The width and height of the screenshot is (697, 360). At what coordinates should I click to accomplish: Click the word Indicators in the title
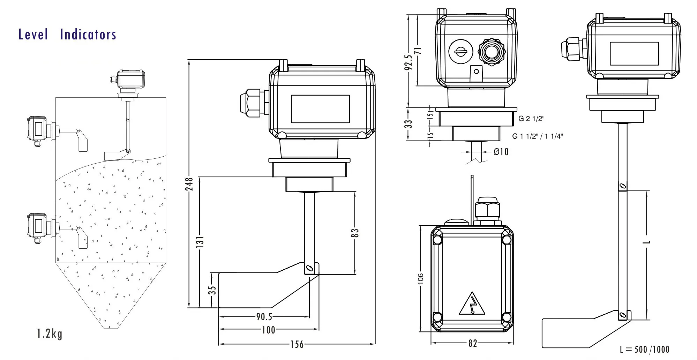[x=88, y=35]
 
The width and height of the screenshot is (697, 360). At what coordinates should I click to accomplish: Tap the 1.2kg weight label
[x=50, y=333]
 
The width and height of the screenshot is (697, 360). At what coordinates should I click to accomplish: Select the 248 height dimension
[x=189, y=184]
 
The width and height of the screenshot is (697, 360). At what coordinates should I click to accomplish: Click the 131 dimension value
[x=200, y=242]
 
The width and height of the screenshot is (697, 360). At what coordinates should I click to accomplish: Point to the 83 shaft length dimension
[x=354, y=233]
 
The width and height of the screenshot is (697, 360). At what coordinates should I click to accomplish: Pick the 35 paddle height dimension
[x=212, y=290]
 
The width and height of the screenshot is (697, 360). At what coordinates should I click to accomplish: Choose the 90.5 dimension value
[x=264, y=317]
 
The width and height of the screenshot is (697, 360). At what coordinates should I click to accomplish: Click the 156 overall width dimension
[x=297, y=344]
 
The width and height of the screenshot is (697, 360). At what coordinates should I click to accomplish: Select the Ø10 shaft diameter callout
[x=501, y=152]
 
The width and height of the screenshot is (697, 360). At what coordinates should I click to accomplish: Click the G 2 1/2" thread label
[x=531, y=119]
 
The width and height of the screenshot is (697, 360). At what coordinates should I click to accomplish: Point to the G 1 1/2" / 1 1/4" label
[x=537, y=136]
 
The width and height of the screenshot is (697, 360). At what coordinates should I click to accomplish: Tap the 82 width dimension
[x=472, y=343]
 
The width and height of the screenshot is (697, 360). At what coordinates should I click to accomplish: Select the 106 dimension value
[x=420, y=279]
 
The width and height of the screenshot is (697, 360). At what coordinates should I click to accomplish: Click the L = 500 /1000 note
[x=644, y=349]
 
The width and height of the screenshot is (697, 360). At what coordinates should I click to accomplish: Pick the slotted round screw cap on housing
[x=460, y=52]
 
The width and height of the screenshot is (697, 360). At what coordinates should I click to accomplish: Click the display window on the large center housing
[x=320, y=109]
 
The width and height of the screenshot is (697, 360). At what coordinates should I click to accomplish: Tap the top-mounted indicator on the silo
[x=130, y=80]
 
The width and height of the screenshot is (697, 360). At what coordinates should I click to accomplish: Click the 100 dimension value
[x=268, y=330]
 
